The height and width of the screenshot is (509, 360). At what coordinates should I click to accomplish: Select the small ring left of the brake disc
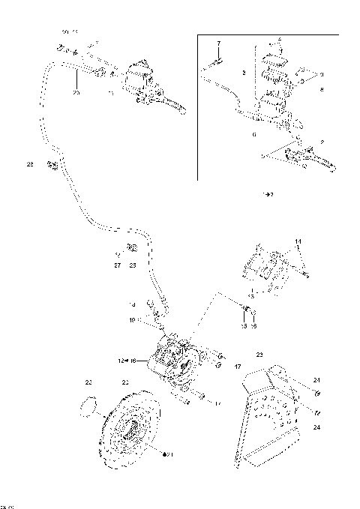pyautogui.click(x=89, y=407)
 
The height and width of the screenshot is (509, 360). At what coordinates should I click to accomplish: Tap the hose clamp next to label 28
pyautogui.click(x=52, y=164)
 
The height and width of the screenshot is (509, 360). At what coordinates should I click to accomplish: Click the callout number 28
pyautogui.click(x=31, y=163)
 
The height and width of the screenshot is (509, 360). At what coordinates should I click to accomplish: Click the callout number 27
pyautogui.click(x=117, y=264)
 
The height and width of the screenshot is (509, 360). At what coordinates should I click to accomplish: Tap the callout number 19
pyautogui.click(x=130, y=320)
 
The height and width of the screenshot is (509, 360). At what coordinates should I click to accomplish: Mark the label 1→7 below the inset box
pyautogui.click(x=267, y=193)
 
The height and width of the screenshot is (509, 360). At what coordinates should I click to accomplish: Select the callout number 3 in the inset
pyautogui.click(x=244, y=73)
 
